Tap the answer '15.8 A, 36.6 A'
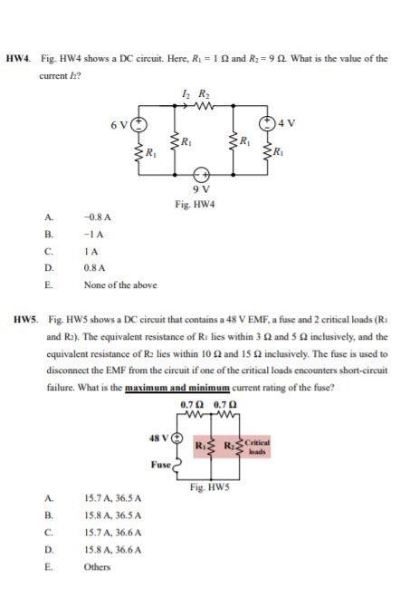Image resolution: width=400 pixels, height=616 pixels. (x=111, y=549)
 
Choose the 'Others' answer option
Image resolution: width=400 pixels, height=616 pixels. (x=97, y=566)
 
